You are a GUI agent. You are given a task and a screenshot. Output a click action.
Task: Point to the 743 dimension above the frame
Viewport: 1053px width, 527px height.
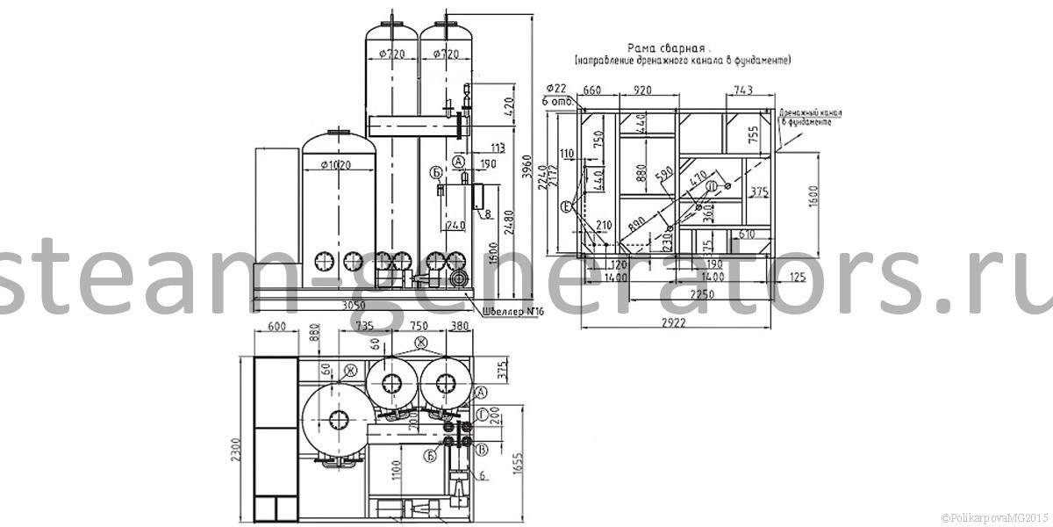coord(743,89)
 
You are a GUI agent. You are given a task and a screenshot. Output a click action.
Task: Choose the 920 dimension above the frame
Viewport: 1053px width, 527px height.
coord(644,89)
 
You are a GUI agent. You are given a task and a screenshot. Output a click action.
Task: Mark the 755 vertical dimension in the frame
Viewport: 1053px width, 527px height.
coord(752,133)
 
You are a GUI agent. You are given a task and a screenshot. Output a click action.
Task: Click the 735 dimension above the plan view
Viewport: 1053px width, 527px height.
coord(367,326)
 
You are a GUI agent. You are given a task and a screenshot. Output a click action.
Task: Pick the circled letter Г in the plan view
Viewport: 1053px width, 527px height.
coord(483,413)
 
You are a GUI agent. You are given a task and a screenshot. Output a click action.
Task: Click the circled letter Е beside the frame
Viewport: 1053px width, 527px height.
coord(567,206)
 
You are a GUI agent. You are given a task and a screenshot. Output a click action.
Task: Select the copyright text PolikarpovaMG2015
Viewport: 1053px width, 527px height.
coord(994,517)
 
